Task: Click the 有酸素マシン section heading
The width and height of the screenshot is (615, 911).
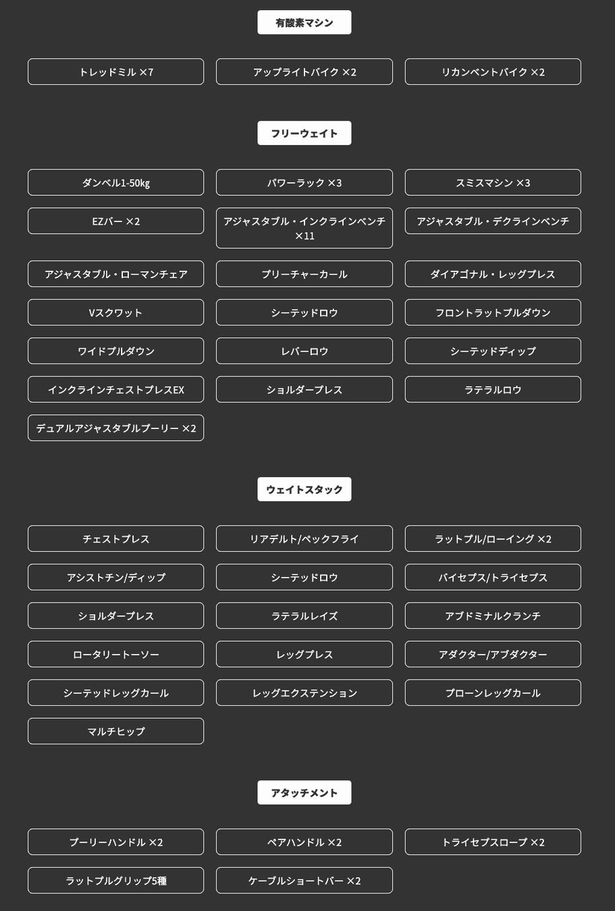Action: pyautogui.click(x=304, y=22)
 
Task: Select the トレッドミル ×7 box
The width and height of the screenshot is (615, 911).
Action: pyautogui.click(x=116, y=72)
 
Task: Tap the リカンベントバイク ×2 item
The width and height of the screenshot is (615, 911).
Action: pyautogui.click(x=493, y=72)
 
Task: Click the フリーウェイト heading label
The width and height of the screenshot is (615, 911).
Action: pyautogui.click(x=304, y=133)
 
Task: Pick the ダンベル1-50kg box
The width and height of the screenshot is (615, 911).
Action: pyautogui.click(x=116, y=183)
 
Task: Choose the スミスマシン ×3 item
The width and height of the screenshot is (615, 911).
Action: pyautogui.click(x=493, y=183)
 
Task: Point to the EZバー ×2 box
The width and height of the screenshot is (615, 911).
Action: pyautogui.click(x=116, y=221)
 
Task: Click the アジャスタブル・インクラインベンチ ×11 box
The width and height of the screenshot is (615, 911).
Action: pyautogui.click(x=304, y=228)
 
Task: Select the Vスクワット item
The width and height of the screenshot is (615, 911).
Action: pyautogui.click(x=116, y=313)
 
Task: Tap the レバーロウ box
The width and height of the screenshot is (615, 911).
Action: pyautogui.click(x=304, y=351)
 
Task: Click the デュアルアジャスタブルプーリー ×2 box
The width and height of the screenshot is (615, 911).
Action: pyautogui.click(x=116, y=428)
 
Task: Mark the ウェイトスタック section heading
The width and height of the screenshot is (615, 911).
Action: pyautogui.click(x=304, y=489)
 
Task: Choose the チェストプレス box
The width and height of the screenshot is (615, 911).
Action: pyautogui.click(x=116, y=539)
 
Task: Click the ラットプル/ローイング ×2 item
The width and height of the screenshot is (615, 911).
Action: pyautogui.click(x=493, y=539)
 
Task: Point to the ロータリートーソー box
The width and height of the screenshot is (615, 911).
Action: pyautogui.click(x=116, y=655)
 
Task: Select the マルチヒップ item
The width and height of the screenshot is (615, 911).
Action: pyautogui.click(x=116, y=731)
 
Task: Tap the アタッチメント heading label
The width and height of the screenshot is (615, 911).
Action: pyautogui.click(x=304, y=793)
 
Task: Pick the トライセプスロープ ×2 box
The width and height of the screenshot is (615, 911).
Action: pyautogui.click(x=493, y=842)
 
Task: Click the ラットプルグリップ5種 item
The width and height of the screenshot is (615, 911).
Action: pyautogui.click(x=116, y=880)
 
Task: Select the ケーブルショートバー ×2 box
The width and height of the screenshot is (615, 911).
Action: pyautogui.click(x=304, y=880)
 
